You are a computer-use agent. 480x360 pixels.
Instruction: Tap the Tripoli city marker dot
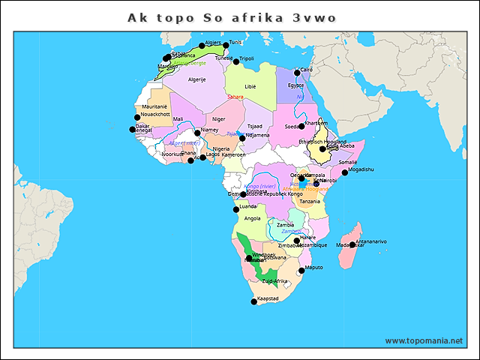(235, 60)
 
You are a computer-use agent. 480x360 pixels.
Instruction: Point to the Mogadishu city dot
(345, 172)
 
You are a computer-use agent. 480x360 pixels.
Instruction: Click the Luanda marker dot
(236, 209)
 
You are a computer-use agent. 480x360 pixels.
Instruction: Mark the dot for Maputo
(301, 270)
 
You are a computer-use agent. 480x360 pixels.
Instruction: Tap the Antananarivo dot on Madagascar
(352, 244)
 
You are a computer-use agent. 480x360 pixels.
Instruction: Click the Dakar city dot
(133, 129)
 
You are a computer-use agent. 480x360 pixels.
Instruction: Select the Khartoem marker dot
(301, 126)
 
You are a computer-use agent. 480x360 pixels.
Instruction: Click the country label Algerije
(196, 79)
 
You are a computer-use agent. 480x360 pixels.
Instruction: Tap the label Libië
(250, 86)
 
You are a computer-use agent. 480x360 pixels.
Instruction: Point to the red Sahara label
(235, 97)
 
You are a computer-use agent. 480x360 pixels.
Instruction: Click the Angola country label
(253, 218)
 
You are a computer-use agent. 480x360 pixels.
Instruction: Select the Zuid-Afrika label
(274, 281)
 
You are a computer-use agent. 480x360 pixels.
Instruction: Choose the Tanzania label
(310, 201)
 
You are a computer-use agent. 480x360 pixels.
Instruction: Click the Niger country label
(218, 118)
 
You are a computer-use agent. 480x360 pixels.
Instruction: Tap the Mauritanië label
(154, 107)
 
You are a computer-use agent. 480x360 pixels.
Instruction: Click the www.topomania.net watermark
(423, 340)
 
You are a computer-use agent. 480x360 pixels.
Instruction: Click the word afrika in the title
(254, 17)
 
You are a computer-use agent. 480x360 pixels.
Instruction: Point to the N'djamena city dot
(242, 138)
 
